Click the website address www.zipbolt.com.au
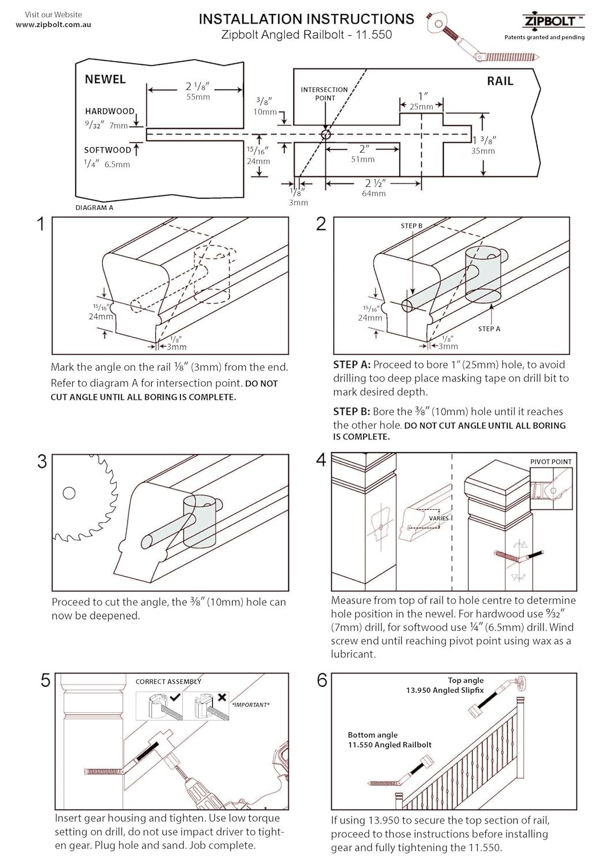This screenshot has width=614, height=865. (x=53, y=25)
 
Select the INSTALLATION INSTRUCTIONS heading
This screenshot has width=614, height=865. (x=306, y=19)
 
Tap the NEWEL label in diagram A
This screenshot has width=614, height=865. (x=105, y=80)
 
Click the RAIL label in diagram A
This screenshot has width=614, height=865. (x=500, y=81)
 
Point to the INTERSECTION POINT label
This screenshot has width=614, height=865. (x=324, y=93)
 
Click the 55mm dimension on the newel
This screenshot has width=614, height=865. (x=197, y=97)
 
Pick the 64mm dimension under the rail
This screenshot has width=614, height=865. (x=373, y=194)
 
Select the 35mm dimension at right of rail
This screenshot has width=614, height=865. (x=483, y=151)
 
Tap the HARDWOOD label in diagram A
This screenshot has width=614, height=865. (x=110, y=111)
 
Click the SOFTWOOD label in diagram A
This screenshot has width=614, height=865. (x=108, y=150)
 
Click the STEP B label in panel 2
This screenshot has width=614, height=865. (x=411, y=226)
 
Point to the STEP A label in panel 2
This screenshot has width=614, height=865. (x=489, y=329)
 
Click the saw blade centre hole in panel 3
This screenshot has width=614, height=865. (x=69, y=493)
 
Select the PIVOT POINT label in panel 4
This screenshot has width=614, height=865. (x=551, y=461)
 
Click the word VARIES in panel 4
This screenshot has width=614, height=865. (x=439, y=518)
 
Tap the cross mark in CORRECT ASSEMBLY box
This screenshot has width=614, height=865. (x=222, y=697)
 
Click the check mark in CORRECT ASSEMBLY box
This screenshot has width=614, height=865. (x=175, y=697)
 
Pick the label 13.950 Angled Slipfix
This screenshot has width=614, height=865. (x=445, y=690)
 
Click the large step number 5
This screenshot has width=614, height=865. (x=45, y=681)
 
